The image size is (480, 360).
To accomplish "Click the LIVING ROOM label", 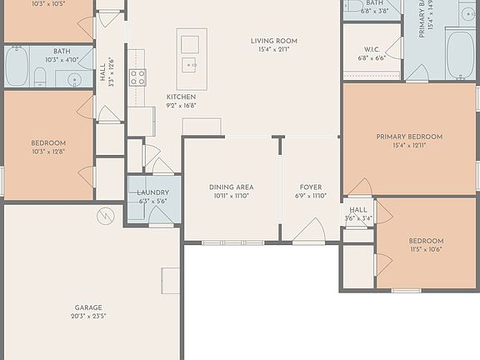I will click(274, 41).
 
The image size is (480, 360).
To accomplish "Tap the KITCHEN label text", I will click(181, 97).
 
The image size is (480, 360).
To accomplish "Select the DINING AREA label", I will click(231, 187).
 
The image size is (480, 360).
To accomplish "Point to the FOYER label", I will click(310, 187).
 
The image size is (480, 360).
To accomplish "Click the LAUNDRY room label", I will click(152, 192).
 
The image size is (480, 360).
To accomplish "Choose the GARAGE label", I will click(88, 307).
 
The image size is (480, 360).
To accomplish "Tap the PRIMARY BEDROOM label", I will click(409, 137).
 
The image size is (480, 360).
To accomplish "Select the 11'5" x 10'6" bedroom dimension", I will click(426, 249).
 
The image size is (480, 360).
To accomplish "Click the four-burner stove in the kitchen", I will click(137, 77).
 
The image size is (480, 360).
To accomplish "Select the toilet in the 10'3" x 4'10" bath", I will click(39, 77).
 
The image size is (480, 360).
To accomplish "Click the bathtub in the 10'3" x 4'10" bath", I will click(17, 67).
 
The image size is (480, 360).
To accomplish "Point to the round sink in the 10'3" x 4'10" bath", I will click(75, 80).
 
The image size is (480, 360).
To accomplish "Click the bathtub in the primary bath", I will click(460, 54).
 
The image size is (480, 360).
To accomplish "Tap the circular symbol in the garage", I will click(104, 217).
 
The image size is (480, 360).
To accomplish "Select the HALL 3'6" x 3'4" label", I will click(358, 214).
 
